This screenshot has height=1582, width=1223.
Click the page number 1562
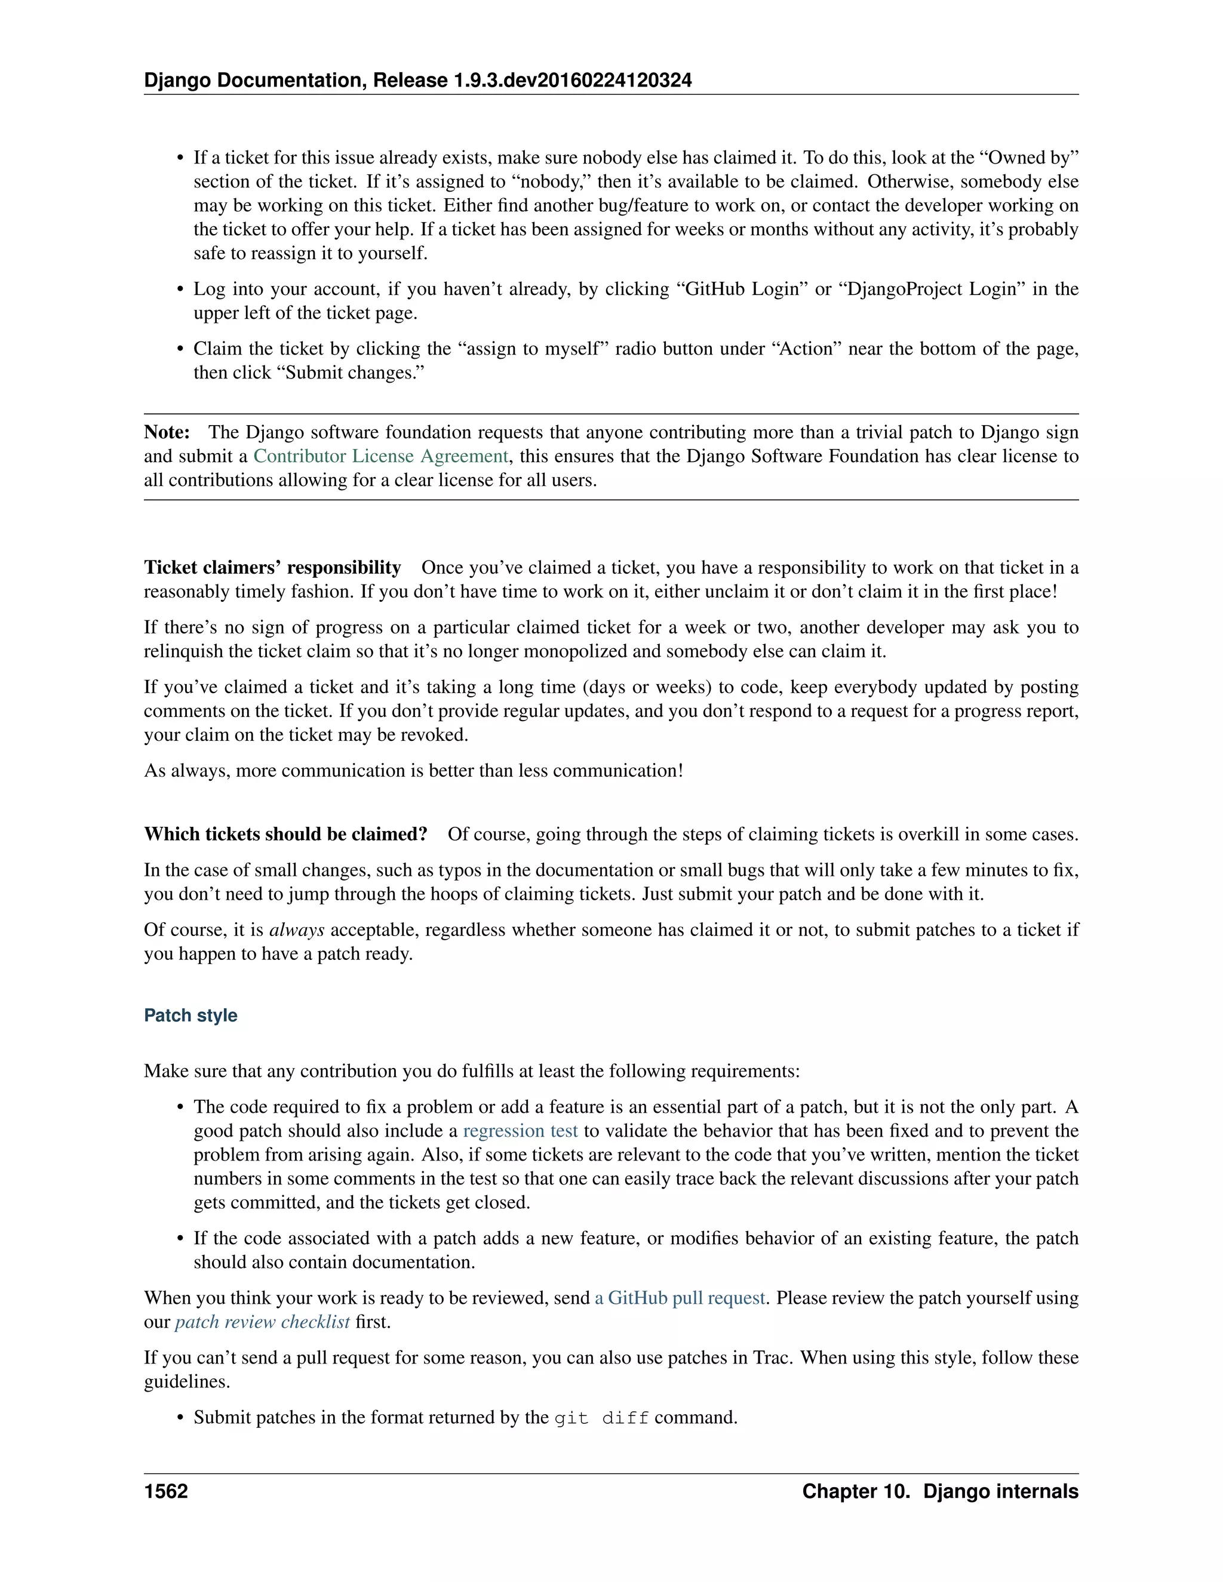point(166,1491)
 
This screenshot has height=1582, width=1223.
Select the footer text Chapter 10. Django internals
point(940,1491)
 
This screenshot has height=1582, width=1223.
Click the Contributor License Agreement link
point(380,456)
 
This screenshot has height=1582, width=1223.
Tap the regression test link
point(520,1131)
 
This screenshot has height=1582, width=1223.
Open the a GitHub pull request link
point(680,1297)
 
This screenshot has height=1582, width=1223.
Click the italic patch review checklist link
point(262,1321)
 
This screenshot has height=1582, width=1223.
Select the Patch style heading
point(190,1015)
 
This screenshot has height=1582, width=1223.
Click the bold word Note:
point(167,432)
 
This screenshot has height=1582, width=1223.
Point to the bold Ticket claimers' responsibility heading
point(272,567)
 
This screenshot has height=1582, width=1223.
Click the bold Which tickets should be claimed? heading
point(285,834)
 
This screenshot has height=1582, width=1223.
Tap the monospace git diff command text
point(601,1418)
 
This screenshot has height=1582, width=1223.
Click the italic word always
point(296,929)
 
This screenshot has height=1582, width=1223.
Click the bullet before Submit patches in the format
point(181,1418)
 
